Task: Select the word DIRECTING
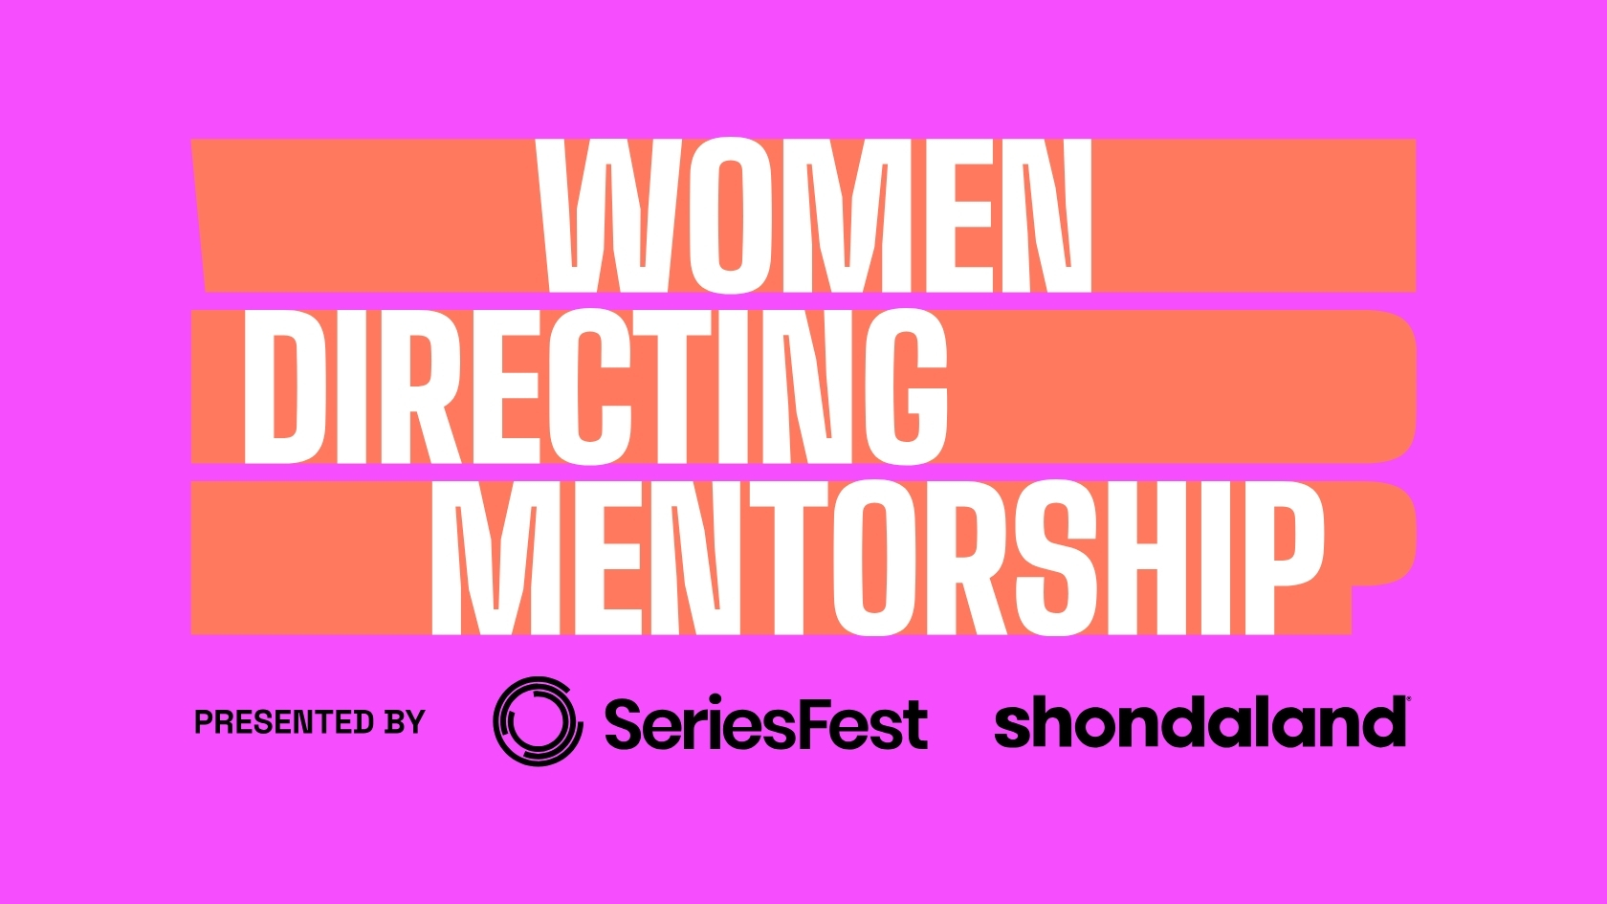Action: (595, 386)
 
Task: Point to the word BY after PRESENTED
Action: (405, 722)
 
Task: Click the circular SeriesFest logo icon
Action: (538, 721)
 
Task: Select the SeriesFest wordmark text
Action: (765, 723)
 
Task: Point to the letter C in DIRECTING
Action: (596, 386)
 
